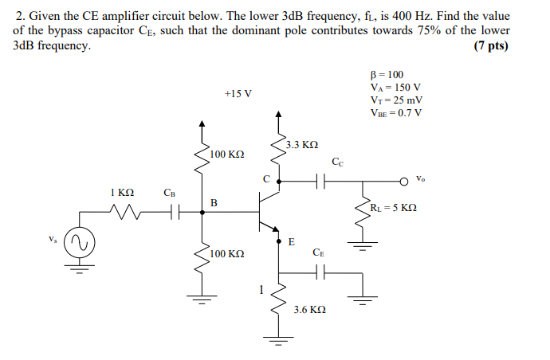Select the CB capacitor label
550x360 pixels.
tap(169, 192)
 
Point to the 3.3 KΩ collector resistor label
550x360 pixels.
tap(302, 145)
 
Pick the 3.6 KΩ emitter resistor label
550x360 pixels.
tap(309, 308)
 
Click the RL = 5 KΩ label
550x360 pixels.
tap(393, 209)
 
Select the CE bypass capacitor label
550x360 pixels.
tap(319, 252)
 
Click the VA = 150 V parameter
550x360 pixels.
tap(395, 88)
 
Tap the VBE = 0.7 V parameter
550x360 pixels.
tap(396, 112)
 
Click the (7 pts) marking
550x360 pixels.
tap(489, 45)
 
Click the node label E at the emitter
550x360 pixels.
tap(291, 242)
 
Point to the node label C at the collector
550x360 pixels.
tap(266, 178)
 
